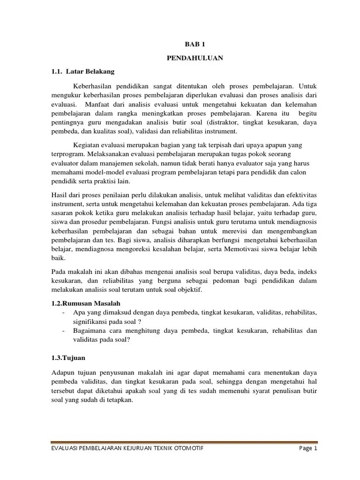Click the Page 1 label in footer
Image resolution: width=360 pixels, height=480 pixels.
pos(308,448)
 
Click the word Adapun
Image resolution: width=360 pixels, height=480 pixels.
pos(61,372)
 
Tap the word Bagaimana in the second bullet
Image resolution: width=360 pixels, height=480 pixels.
pos(90,330)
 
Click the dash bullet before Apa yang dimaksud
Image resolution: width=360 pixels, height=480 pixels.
pos(63,312)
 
